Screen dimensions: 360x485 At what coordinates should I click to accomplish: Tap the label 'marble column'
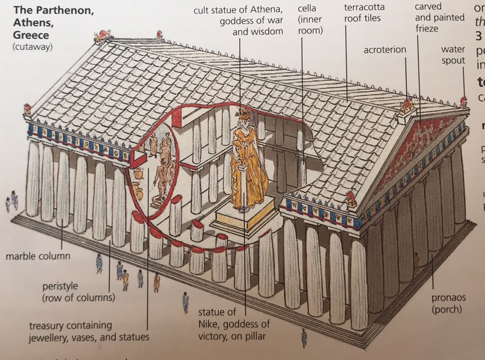click(38, 257)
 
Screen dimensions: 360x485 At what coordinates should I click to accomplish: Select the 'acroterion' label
click(385, 50)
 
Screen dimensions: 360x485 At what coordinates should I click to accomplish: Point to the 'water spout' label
click(453, 55)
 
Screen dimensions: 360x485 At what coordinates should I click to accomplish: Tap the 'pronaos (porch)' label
click(448, 304)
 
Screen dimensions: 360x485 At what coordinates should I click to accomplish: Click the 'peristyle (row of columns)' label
click(78, 292)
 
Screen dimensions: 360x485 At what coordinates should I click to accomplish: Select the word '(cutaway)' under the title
click(33, 47)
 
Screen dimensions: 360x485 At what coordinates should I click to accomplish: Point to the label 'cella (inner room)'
click(310, 19)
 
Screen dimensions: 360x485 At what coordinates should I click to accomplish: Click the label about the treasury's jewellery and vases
click(89, 331)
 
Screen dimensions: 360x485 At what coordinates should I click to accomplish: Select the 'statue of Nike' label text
click(234, 324)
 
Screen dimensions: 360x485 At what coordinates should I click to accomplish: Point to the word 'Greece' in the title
click(31, 35)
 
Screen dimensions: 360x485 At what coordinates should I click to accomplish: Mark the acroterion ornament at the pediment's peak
click(408, 106)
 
